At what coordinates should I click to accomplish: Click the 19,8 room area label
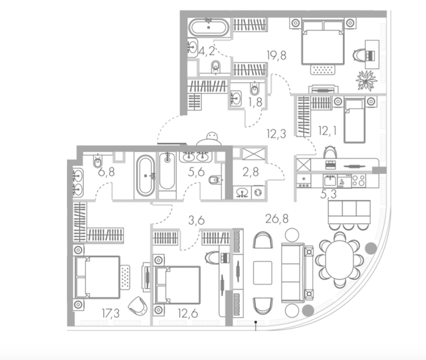coord(276,56)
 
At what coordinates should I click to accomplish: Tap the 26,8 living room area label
coord(277,219)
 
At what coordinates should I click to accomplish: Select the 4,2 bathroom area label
coord(207,51)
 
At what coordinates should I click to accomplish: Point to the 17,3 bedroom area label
coord(110,313)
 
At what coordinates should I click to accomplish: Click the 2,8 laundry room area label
coord(250,172)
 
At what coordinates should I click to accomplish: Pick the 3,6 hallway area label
coord(196,220)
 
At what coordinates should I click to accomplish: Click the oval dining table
coord(340,259)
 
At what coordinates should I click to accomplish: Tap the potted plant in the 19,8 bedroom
coord(366,80)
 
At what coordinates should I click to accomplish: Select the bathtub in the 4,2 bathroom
coord(209,27)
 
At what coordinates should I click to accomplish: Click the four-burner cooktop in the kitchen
coord(359,181)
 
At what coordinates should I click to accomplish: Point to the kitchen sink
coord(330,181)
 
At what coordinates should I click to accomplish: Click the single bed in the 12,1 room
coord(354,121)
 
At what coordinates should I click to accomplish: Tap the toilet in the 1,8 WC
coord(254,88)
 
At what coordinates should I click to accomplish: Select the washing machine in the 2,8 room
coord(258,192)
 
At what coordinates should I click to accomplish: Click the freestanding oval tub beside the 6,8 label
coord(145,176)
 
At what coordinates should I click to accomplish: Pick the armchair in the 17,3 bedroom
coord(138,305)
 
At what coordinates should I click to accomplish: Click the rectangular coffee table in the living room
coord(263,273)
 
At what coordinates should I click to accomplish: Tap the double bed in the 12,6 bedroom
coord(177,285)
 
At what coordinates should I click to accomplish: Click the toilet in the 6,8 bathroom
coord(98,161)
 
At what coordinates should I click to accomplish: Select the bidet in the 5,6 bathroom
coord(215,180)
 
